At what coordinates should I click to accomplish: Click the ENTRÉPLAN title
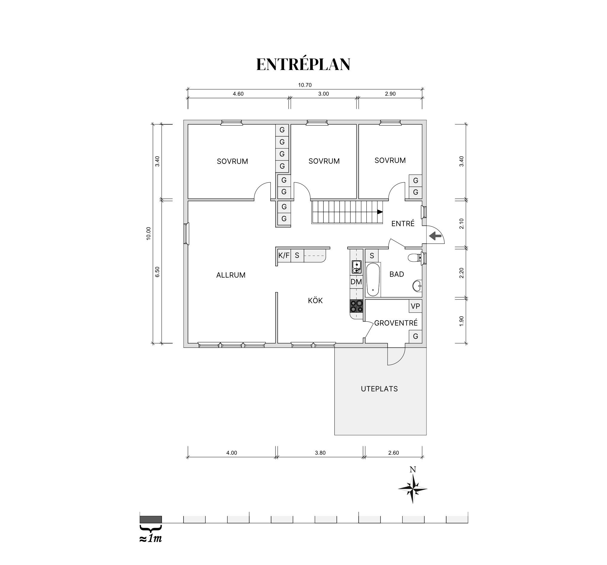point(303,65)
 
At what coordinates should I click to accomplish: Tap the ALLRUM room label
point(231,275)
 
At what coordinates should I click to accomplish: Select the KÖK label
point(315,300)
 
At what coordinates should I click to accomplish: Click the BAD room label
point(397,274)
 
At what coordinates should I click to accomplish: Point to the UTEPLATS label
point(379,389)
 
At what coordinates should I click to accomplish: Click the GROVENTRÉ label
point(396,323)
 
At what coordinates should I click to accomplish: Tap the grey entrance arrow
point(435,236)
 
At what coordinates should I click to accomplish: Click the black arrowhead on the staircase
point(380,212)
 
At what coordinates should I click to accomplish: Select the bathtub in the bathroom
point(373,280)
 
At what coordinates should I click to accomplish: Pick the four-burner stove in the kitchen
point(356,306)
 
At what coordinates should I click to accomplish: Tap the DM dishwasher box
point(356,282)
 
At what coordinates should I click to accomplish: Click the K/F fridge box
point(284,255)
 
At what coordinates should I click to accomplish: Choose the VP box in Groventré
point(415,306)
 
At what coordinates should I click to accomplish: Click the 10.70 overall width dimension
point(305,85)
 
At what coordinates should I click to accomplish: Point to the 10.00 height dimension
point(149,234)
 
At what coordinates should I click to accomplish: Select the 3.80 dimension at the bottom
point(320,453)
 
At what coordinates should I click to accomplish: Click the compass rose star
point(412,489)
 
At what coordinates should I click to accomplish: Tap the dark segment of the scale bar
point(151,519)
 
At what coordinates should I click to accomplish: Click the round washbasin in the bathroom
point(417,286)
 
